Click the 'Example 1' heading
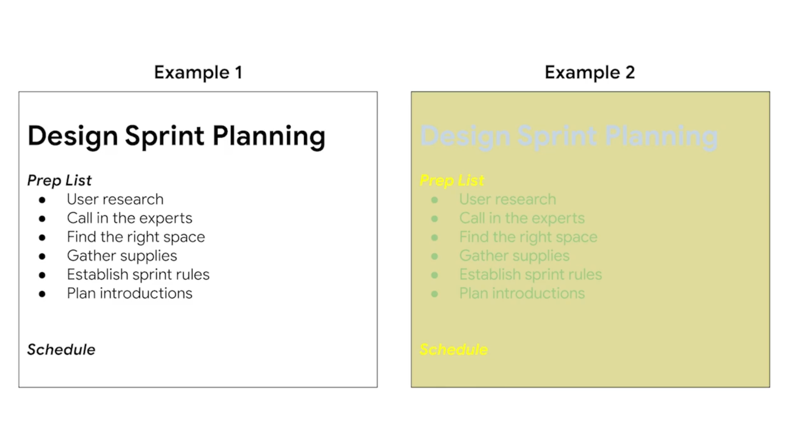click(198, 73)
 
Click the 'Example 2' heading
click(590, 73)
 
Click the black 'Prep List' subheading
click(59, 181)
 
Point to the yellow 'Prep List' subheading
click(452, 181)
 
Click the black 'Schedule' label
click(61, 349)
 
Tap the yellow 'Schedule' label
click(454, 349)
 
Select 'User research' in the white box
click(115, 200)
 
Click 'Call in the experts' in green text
click(522, 218)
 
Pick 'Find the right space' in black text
click(136, 237)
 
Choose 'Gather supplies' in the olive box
click(514, 256)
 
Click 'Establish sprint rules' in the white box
click(138, 275)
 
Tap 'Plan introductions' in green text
click(522, 293)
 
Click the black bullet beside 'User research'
click(42, 200)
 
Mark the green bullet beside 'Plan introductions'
click(435, 294)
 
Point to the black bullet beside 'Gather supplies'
click(42, 257)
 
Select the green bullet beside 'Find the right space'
click(435, 238)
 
